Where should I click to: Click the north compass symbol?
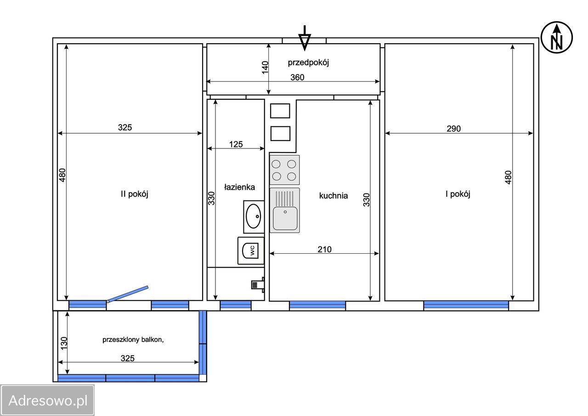point(556,38)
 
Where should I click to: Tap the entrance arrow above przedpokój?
point(305,38)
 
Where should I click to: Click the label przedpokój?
point(308,63)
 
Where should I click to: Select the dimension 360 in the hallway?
point(297,77)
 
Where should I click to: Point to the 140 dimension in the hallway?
point(266,68)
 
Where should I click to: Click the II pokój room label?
point(135,194)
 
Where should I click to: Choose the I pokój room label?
point(458,194)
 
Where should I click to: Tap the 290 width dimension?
point(453,129)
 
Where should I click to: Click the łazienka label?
point(239,187)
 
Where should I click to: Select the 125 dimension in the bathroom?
point(236,144)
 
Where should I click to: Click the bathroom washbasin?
point(254,217)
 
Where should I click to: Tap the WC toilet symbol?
point(251,251)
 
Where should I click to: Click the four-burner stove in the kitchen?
point(284,170)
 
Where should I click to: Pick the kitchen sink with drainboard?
point(285,210)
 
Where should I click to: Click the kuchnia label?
point(334,196)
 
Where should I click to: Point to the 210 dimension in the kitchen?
point(324,249)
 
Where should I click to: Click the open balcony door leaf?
point(128,294)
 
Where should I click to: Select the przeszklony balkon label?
point(133,340)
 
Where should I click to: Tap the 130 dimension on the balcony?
point(64,343)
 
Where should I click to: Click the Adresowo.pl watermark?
point(48,400)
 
